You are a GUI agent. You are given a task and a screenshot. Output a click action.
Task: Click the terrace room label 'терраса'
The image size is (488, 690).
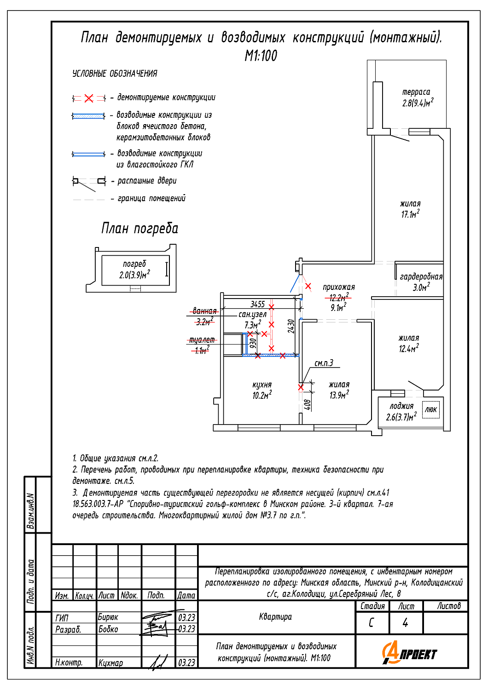[x=416, y=92]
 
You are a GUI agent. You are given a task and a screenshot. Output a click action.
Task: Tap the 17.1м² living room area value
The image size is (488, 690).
[x=410, y=214]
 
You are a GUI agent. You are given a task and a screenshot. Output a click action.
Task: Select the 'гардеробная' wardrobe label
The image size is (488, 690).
[x=421, y=277]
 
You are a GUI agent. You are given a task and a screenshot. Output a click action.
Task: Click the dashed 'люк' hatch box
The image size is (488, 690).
[x=430, y=409]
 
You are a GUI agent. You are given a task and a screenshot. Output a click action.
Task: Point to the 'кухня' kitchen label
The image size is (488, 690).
[x=262, y=385]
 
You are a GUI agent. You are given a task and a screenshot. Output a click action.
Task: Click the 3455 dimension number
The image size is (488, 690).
[x=257, y=305]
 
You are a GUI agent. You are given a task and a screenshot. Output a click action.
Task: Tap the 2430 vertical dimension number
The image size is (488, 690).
[x=291, y=326]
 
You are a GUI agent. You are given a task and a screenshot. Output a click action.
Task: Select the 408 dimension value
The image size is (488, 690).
[x=308, y=405]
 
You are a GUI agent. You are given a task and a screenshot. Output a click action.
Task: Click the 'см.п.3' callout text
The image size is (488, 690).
[x=324, y=363]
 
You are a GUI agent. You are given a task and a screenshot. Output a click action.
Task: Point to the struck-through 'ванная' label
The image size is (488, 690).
[x=205, y=310]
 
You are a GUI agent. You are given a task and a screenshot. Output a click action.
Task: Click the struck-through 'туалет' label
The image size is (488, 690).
[x=202, y=340]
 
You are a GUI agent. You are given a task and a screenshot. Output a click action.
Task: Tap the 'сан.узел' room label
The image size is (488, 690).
[x=252, y=315]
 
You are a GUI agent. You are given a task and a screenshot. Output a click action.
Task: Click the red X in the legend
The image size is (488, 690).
[x=89, y=98]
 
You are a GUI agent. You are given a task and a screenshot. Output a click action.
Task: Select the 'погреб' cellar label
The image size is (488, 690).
[x=134, y=264]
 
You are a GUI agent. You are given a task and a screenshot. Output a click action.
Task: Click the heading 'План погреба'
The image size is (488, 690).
[x=139, y=229]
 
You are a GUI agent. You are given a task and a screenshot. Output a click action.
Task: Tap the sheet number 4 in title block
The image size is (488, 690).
[x=405, y=623]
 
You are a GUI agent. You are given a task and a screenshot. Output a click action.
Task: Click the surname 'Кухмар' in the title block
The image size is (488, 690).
[x=110, y=662]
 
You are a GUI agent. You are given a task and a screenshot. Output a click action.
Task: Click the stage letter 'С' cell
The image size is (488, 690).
[x=371, y=623]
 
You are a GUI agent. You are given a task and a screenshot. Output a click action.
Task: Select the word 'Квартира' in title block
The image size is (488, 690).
[x=275, y=616]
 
